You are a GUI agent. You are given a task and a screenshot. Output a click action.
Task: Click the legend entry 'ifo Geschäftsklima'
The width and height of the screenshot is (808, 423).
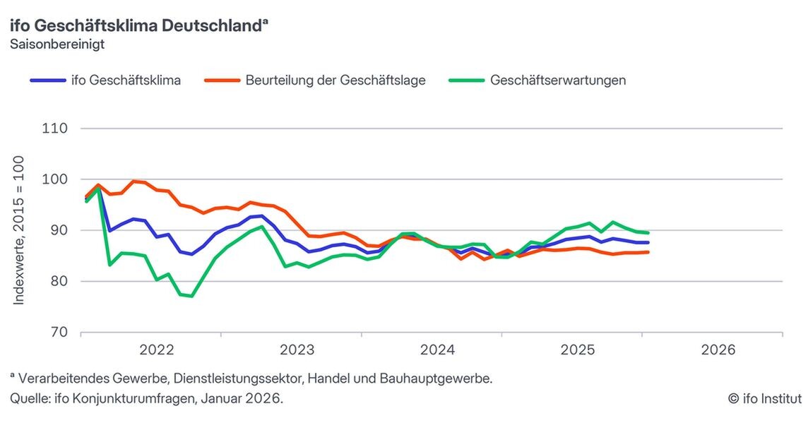[126, 80]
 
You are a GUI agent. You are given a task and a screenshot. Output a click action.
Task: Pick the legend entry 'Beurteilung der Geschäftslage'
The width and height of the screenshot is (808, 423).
[335, 80]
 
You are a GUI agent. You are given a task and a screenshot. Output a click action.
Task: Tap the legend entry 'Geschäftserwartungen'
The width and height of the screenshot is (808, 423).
[558, 80]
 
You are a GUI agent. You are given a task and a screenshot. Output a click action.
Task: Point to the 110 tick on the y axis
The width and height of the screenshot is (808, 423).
[54, 129]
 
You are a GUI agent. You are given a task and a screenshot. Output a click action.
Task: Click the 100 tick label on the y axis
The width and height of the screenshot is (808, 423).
[54, 179]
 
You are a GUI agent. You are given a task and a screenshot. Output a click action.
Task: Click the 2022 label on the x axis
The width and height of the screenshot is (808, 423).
[157, 350]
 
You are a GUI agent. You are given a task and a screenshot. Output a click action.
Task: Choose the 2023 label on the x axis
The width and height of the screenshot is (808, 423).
[297, 350]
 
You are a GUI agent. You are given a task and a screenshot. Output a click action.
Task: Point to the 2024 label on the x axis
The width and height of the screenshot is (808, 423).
[437, 350]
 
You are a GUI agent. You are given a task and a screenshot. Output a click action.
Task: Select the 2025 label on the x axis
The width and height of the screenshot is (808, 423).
[578, 350]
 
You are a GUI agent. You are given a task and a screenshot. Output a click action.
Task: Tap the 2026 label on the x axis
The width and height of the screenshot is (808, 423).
[718, 350]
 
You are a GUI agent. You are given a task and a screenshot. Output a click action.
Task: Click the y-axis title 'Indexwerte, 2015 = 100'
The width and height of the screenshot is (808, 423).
[19, 230]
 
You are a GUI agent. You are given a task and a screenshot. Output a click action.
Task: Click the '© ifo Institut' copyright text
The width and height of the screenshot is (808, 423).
[765, 399]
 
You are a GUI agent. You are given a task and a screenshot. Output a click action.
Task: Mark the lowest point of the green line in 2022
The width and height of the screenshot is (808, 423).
[191, 296]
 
